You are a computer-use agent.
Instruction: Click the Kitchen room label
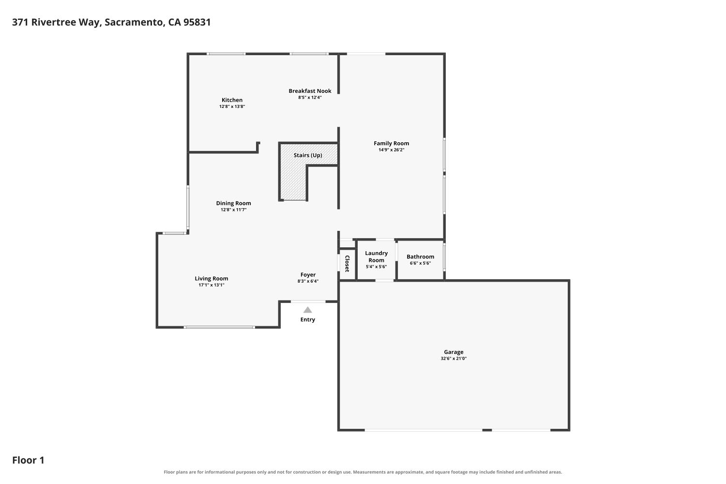[x=232, y=100]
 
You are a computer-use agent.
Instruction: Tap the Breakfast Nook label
[x=310, y=91]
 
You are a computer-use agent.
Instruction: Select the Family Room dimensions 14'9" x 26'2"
[x=391, y=150]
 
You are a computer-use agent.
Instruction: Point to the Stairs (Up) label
[x=307, y=155]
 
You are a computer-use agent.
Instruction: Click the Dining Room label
[x=233, y=203]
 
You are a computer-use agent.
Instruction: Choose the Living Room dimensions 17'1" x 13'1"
[x=212, y=285]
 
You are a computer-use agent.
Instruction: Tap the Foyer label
[x=308, y=275]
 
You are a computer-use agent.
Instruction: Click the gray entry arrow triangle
[x=307, y=310]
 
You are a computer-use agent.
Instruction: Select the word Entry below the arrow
[x=307, y=319]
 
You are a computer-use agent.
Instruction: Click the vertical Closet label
[x=347, y=264]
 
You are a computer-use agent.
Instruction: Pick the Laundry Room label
[x=376, y=257]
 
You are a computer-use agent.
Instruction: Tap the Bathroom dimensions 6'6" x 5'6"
[x=421, y=263]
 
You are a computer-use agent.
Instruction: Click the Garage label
[x=454, y=352]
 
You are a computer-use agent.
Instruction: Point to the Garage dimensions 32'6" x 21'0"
[x=454, y=359]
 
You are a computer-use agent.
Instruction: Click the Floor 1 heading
[x=28, y=460]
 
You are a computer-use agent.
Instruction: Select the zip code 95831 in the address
[x=197, y=22]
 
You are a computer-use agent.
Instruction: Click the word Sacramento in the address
[x=133, y=22]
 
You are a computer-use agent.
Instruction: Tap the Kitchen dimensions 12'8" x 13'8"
[x=232, y=106]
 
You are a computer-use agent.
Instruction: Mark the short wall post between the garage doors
[x=487, y=430]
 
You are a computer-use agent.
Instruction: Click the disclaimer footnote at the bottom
[x=363, y=472]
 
